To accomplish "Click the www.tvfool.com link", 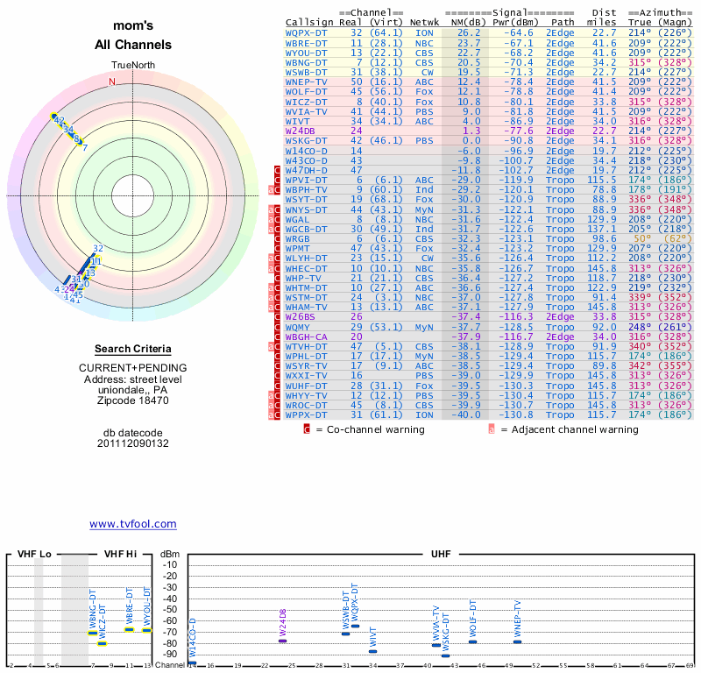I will click(133, 524).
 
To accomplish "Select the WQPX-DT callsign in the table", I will click(306, 32).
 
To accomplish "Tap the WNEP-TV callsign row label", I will click(306, 81).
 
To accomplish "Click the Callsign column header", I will click(308, 22).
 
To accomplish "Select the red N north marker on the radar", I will click(111, 82).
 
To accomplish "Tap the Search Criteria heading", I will click(133, 349).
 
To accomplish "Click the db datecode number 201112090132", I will click(133, 443).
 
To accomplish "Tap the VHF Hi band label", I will click(121, 554).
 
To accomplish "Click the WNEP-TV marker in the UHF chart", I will click(517, 641).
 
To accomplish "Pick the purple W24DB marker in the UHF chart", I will click(282, 641).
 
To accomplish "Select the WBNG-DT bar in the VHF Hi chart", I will click(93, 633).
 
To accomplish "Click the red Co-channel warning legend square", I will click(307, 429).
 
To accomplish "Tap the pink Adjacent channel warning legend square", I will click(492, 429).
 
